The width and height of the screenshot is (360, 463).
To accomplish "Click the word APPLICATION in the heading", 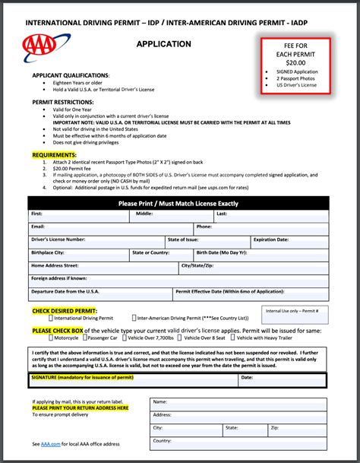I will pos(163,44).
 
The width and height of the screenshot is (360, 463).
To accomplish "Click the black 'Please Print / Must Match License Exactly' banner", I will pos(178,204).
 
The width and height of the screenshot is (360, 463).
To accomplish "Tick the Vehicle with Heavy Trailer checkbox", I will pos(232,338).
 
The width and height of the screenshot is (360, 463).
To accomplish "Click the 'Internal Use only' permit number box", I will pos(297,316).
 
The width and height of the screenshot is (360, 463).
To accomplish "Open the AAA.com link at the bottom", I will pos(52,444).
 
